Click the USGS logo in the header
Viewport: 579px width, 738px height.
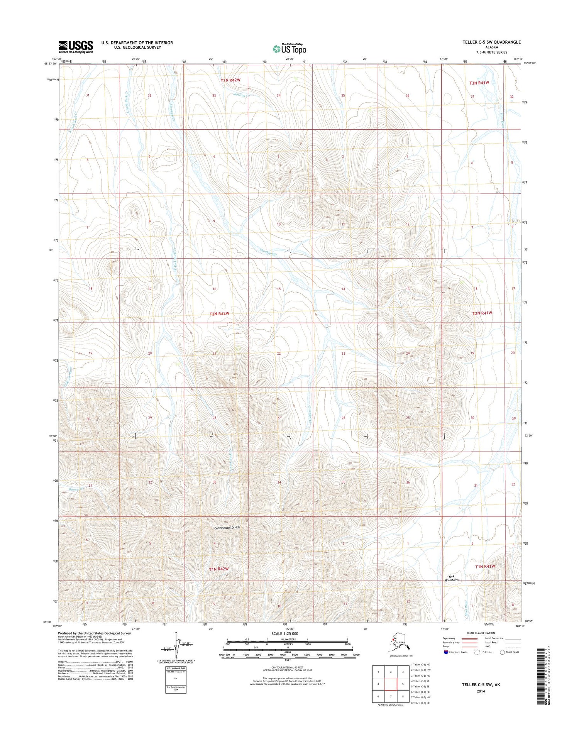coord(76,46)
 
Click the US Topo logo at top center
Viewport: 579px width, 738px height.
coord(289,49)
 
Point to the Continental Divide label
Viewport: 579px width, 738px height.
coord(227,528)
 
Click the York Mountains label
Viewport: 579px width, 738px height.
coord(451,578)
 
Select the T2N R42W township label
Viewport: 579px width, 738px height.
coord(219,314)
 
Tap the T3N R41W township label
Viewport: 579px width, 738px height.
coord(479,83)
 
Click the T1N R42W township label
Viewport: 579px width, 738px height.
coord(219,569)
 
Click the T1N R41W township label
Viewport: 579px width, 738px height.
coord(485,566)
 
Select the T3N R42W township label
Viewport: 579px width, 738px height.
coord(230,80)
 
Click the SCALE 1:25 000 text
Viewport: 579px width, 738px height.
coord(285,633)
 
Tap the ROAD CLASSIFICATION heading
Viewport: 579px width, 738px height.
coord(480,633)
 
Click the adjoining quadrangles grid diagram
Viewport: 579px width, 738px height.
coord(391,684)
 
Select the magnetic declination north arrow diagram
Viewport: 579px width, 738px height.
coord(176,647)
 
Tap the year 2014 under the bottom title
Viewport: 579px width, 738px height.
coord(481,691)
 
